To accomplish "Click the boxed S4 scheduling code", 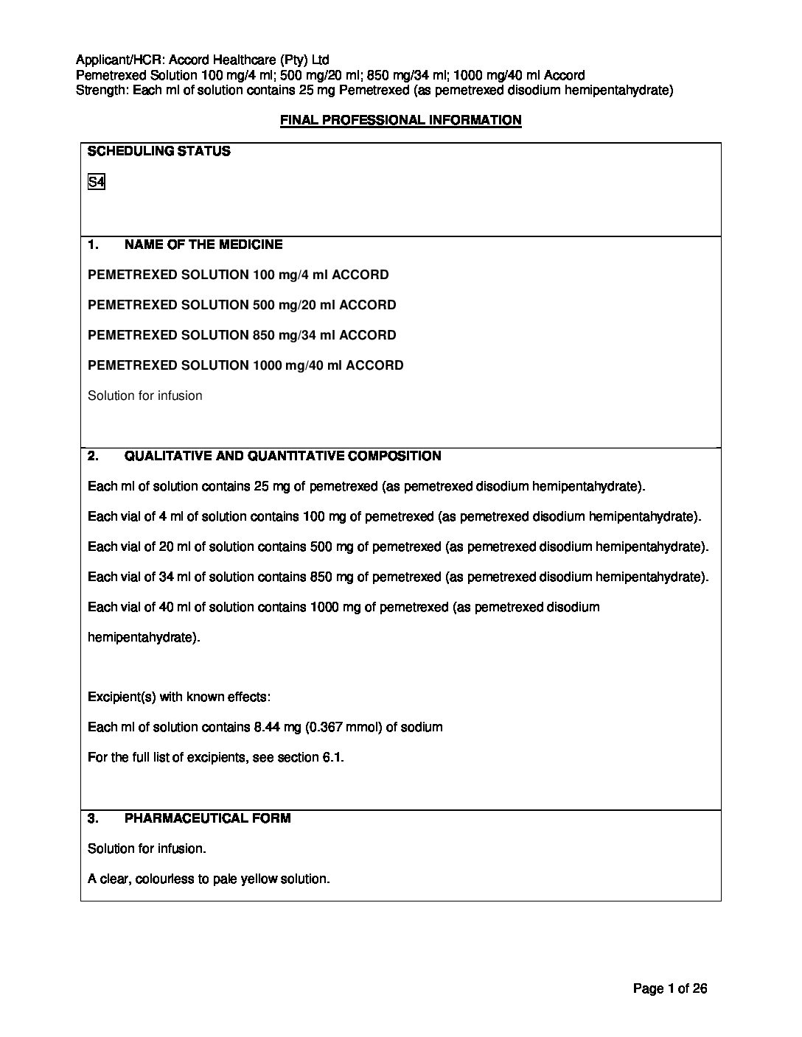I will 96,182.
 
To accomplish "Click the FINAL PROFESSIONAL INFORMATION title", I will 400,120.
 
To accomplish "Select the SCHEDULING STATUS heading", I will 158,152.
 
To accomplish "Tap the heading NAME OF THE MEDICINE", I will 203,245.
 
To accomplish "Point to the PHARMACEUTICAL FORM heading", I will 207,818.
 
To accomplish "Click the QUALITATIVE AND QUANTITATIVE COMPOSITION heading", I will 282,456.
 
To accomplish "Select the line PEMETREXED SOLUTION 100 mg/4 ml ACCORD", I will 238,275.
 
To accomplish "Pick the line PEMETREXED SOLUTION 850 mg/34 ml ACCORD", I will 242,335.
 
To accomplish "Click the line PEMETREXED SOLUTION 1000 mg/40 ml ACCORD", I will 245,365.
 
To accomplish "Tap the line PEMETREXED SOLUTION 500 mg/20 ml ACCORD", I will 242,305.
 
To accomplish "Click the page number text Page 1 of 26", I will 670,989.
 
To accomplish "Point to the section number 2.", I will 93,456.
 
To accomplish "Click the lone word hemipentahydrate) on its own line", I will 144,637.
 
